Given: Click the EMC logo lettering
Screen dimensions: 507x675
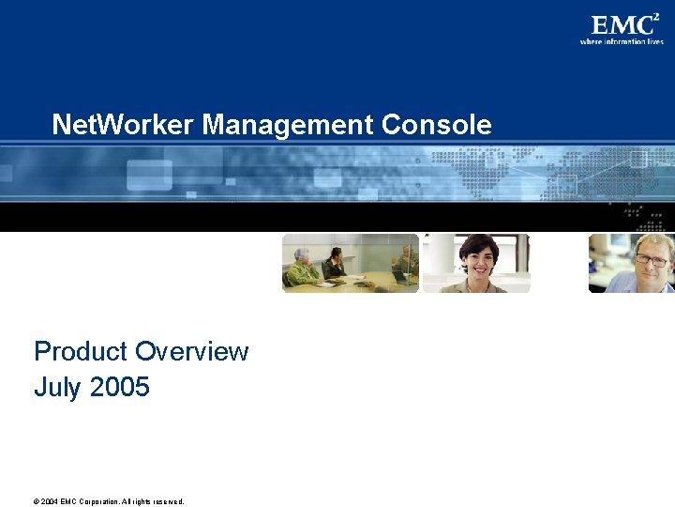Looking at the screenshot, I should pyautogui.click(x=620, y=25).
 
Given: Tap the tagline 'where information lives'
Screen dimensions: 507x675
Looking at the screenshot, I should pyautogui.click(x=621, y=42).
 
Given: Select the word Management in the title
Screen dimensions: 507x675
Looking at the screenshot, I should pyautogui.click(x=289, y=125).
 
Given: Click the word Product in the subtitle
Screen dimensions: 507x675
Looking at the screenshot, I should pyautogui.click(x=80, y=352).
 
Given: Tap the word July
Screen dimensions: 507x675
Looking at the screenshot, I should pyautogui.click(x=58, y=387).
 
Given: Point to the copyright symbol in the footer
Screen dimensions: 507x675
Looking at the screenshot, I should pyautogui.click(x=37, y=501).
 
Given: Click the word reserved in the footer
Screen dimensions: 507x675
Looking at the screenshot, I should pyautogui.click(x=168, y=501).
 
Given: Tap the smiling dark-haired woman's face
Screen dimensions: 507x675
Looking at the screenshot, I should pyautogui.click(x=479, y=256).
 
